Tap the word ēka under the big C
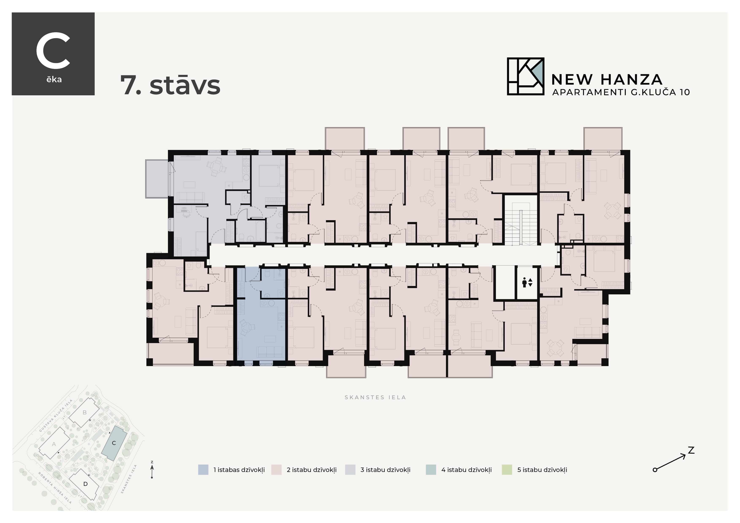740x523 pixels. (x=54, y=80)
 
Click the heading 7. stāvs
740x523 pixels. (x=170, y=85)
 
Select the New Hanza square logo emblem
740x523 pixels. (x=525, y=76)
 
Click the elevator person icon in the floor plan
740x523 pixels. (x=527, y=283)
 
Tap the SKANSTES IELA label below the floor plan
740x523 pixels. (x=375, y=397)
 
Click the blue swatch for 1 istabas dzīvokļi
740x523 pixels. (x=203, y=469)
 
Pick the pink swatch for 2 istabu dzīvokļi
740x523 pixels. (x=276, y=469)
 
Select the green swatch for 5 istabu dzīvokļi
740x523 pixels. (x=507, y=469)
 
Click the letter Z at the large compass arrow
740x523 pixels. (x=691, y=450)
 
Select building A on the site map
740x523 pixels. (x=54, y=444)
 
